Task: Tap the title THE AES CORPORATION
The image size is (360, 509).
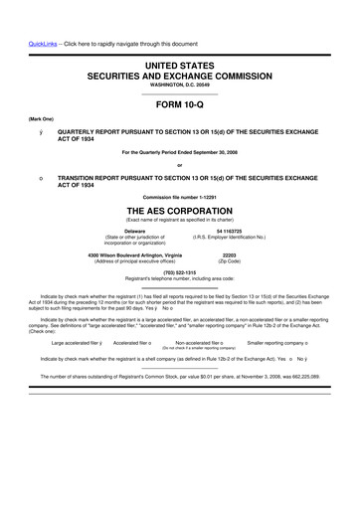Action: (x=179, y=211)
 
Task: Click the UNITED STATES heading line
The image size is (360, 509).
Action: (x=179, y=64)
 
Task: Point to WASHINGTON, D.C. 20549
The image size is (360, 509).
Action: (x=179, y=85)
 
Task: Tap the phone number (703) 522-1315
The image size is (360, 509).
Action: (x=179, y=272)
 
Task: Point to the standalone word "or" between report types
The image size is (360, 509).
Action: (x=179, y=165)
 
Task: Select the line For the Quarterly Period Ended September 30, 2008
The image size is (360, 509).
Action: (x=179, y=151)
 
